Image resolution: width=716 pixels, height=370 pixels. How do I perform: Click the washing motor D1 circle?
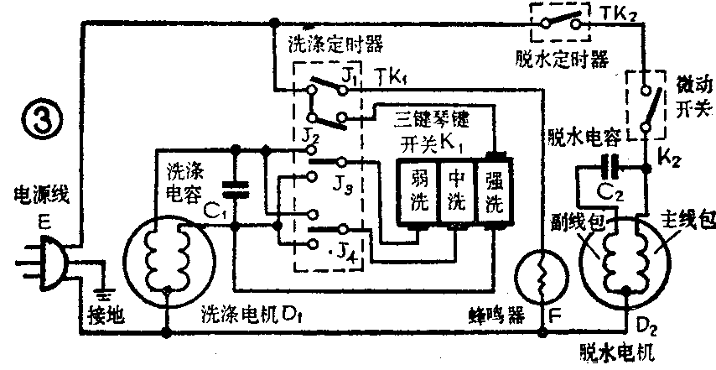coord(169,253)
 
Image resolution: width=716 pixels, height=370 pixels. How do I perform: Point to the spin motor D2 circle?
coord(626,254)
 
